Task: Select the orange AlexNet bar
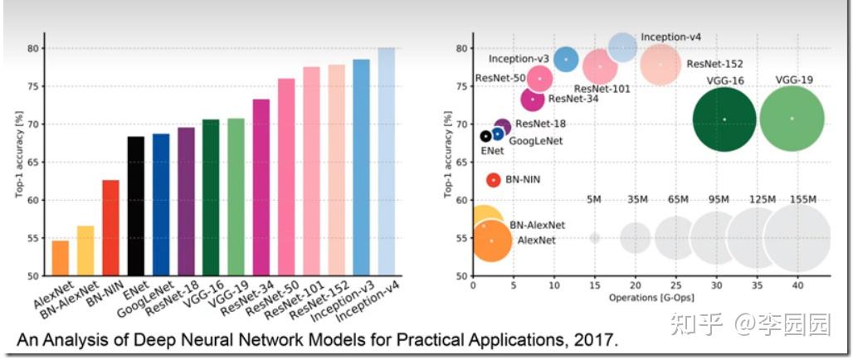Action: (x=61, y=258)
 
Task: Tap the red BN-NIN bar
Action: (x=110, y=227)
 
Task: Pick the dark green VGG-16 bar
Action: (x=211, y=197)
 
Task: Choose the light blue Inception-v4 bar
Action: (x=386, y=162)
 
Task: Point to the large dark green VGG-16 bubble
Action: (x=724, y=119)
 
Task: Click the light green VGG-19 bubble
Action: (x=792, y=119)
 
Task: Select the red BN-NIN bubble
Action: (x=494, y=180)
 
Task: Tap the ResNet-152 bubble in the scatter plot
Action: (x=660, y=64)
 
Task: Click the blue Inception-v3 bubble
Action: (x=566, y=59)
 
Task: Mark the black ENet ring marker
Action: (x=485, y=136)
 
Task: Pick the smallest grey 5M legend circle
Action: (x=594, y=238)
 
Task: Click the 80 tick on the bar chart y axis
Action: (x=32, y=48)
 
